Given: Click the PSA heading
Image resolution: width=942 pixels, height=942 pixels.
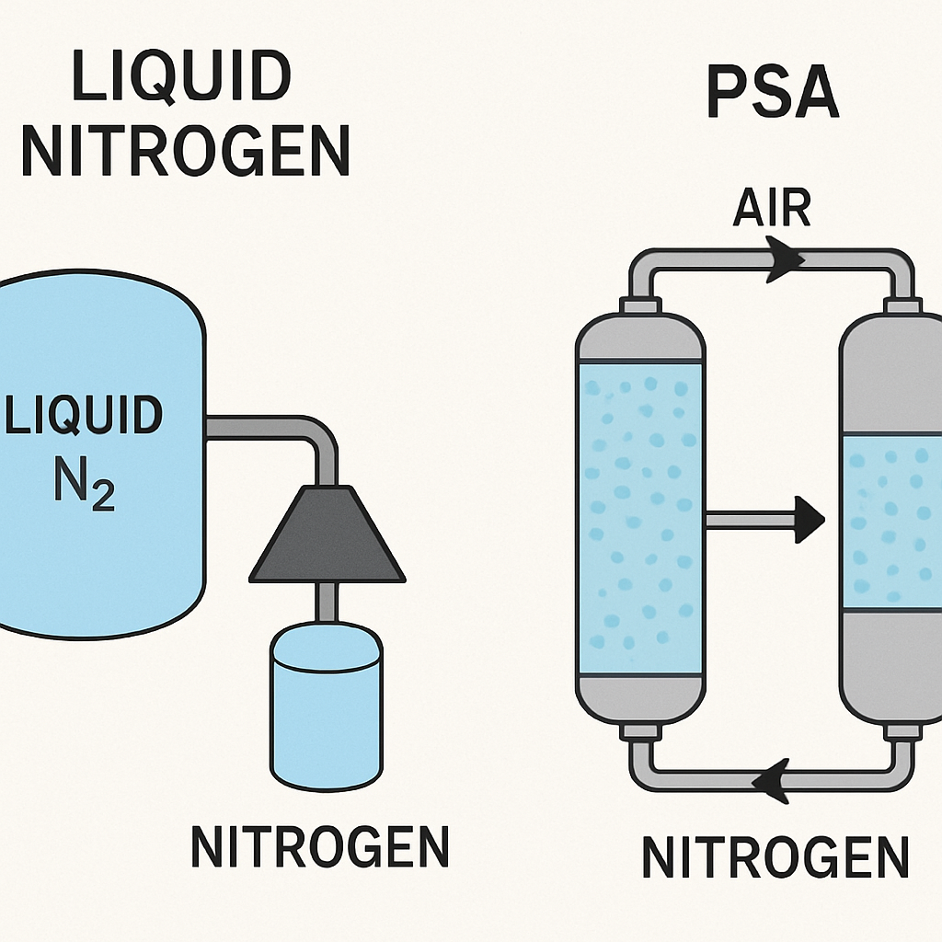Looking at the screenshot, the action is coord(773,92).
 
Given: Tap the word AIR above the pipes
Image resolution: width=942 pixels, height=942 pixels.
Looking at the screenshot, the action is coord(772,207).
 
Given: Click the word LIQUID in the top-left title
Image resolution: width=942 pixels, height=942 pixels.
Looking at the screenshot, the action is coord(181,77).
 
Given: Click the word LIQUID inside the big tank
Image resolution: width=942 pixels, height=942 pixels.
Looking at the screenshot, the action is coord(84,415).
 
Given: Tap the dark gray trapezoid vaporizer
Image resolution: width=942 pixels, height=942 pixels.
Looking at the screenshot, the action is coord(327,534).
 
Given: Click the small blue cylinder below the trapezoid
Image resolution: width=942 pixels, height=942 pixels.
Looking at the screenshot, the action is coord(327,706).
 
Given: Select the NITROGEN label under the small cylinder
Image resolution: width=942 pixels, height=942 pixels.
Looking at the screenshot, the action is coord(320,846).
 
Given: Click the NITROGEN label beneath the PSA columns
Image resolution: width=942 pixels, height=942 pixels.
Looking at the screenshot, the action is coord(775,857).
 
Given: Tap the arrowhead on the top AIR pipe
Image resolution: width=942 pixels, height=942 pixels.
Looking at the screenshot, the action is coord(785,259).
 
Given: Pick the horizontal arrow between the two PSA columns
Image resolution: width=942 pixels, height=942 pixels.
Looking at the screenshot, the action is coord(764,520).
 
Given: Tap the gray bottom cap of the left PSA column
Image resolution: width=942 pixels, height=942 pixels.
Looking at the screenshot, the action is coord(640,700).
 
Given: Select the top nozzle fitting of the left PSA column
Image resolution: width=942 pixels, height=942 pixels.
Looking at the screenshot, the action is coord(641,305).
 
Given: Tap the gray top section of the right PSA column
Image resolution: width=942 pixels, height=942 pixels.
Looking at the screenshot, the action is coord(891,373).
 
